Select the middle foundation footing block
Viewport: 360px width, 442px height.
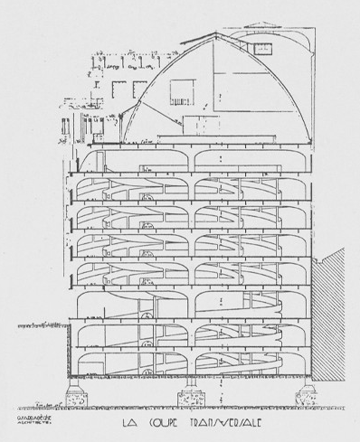coord(194,396)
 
